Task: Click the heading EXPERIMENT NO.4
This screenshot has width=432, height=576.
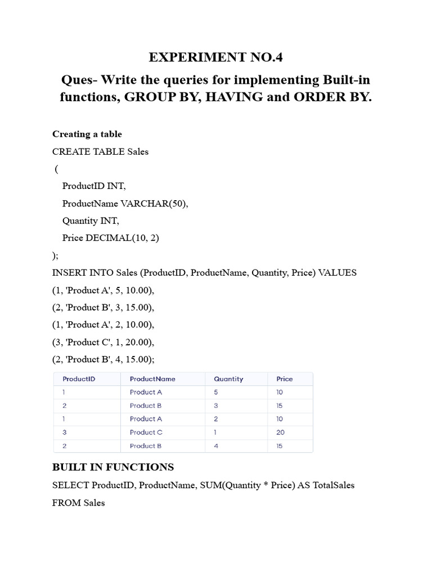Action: (x=216, y=57)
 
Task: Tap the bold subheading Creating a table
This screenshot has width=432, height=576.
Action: (x=87, y=134)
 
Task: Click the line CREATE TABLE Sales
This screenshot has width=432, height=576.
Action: (x=100, y=152)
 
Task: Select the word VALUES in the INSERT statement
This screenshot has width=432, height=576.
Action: (x=337, y=273)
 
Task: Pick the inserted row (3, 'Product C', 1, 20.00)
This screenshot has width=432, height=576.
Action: (x=103, y=342)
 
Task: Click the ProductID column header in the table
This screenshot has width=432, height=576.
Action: (x=79, y=379)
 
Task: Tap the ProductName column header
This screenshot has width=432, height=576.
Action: (x=152, y=379)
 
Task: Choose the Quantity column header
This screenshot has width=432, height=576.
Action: (x=228, y=379)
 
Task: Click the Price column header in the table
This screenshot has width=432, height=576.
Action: (x=285, y=379)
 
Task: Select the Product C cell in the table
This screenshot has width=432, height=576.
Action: (x=146, y=433)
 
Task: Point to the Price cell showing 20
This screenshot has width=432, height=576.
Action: (x=281, y=433)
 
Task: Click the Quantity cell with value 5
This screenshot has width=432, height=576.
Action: (x=216, y=393)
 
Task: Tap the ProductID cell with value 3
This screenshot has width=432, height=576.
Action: (x=65, y=433)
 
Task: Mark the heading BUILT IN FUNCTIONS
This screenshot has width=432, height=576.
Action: (x=113, y=467)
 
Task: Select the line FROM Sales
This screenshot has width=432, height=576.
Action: (x=78, y=503)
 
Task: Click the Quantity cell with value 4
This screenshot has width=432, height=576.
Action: (x=216, y=446)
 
